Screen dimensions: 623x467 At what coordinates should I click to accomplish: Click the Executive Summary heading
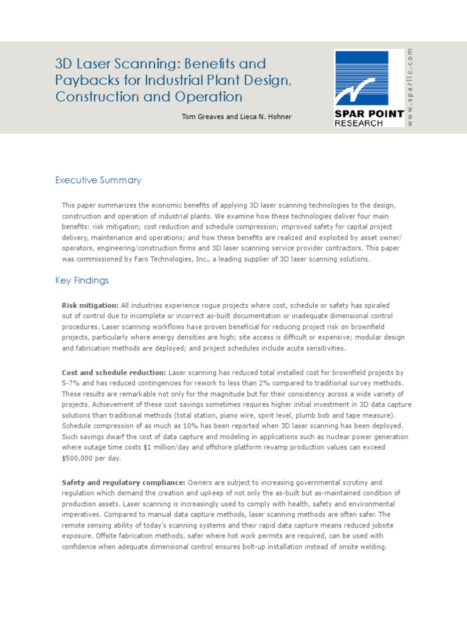(x=98, y=180)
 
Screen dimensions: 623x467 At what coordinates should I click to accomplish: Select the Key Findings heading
(x=82, y=280)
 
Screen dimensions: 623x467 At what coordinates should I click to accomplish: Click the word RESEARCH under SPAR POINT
(x=359, y=124)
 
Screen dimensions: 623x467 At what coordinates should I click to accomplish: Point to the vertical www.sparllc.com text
(x=410, y=87)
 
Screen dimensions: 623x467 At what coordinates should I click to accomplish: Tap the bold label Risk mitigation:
(x=90, y=305)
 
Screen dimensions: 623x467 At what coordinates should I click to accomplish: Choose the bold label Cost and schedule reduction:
(x=114, y=372)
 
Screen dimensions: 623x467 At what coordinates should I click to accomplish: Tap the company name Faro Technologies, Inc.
(x=166, y=259)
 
